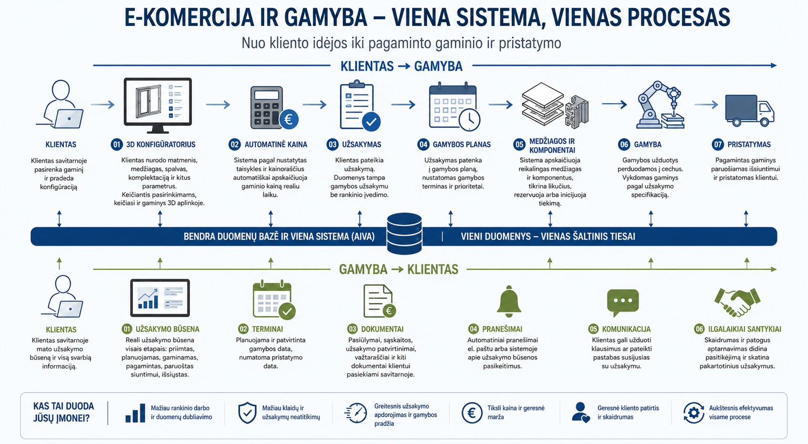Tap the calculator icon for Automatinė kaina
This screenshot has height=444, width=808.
(x=267, y=108)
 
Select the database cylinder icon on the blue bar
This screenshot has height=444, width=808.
(x=404, y=233)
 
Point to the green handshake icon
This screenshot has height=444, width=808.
(x=737, y=302)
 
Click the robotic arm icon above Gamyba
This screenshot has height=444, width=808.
(x=660, y=105)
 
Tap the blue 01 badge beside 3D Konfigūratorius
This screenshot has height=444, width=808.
(x=116, y=144)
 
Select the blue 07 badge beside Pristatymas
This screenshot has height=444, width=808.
(x=718, y=144)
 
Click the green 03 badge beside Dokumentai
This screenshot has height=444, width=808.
(x=352, y=329)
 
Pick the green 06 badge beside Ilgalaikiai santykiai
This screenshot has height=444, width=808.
(x=699, y=329)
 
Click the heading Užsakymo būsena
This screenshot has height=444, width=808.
(x=168, y=329)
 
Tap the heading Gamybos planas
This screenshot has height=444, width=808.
(x=462, y=144)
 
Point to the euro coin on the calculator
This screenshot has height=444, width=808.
(x=289, y=119)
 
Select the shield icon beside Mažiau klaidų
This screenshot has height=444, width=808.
(x=247, y=413)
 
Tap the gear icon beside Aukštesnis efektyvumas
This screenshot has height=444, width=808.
(x=693, y=412)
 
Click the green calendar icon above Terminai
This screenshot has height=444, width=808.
(x=274, y=300)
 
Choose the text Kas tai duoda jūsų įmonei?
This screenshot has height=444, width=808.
(x=63, y=412)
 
